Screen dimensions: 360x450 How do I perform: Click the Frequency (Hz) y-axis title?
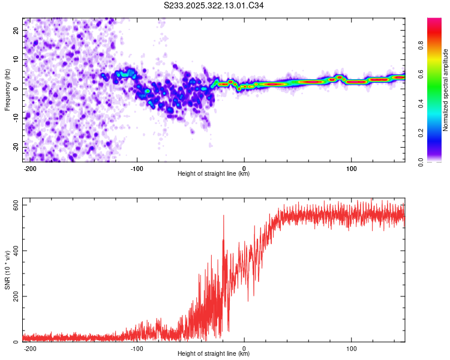7,89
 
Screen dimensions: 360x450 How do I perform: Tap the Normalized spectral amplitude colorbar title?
446,90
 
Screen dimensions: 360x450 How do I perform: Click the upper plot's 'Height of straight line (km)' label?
214,173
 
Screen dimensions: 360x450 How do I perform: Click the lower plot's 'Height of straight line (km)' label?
214,353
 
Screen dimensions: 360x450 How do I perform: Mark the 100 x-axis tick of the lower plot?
351,348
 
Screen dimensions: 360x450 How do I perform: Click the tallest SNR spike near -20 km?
224,216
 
